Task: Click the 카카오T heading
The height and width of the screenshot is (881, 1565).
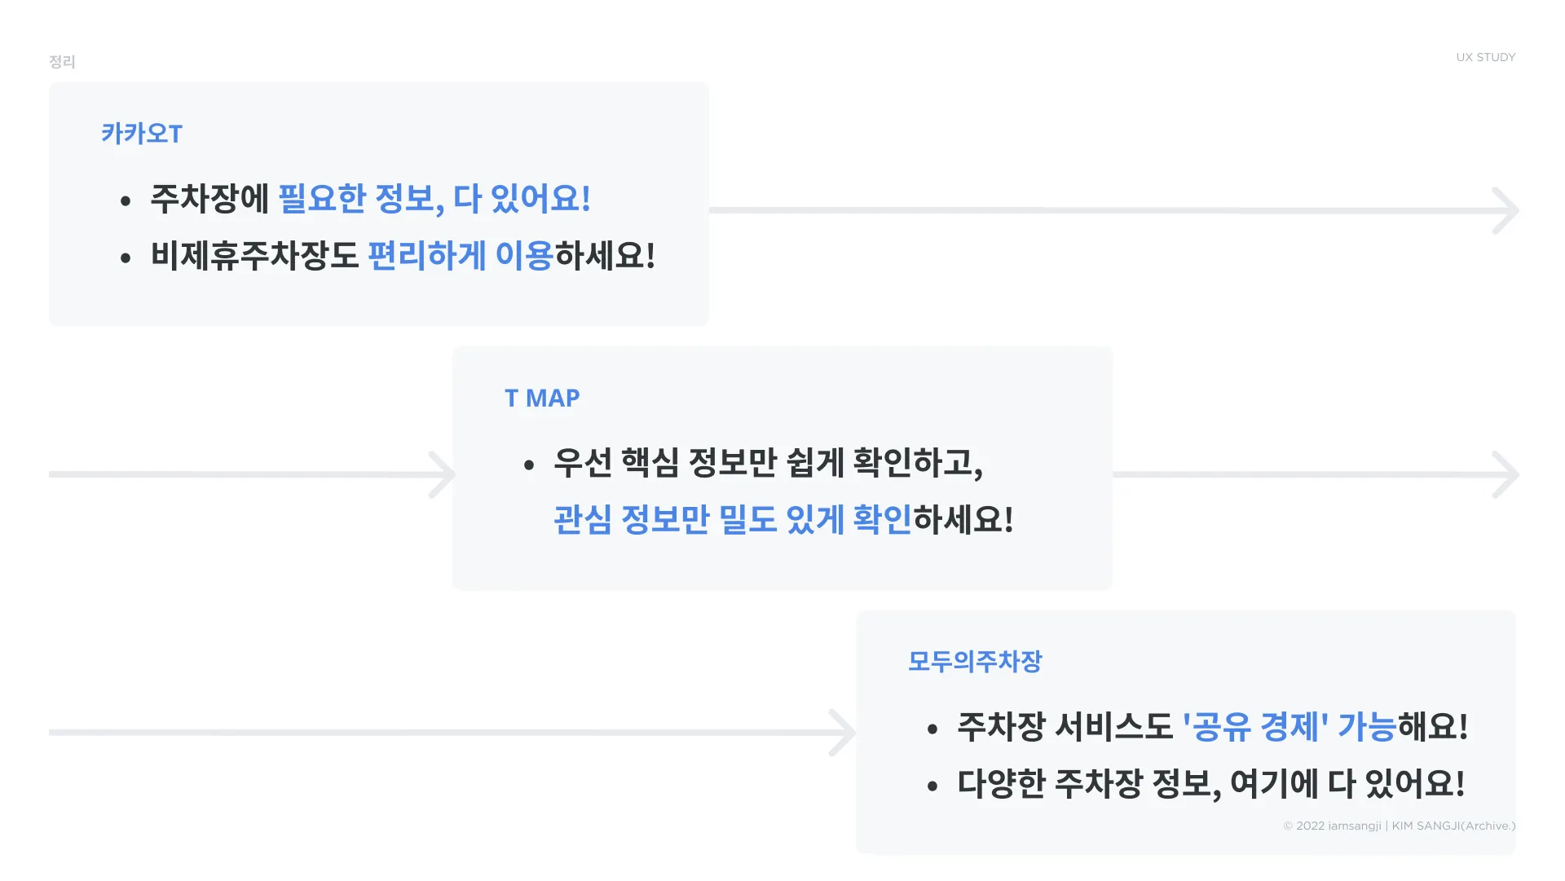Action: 142,134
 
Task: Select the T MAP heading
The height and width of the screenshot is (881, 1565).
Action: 542,398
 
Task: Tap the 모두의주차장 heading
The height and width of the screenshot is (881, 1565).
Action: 975,661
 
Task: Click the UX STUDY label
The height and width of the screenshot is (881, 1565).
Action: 1485,57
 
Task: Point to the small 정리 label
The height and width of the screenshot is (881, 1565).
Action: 62,62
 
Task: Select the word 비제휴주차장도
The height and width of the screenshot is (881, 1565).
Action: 254,256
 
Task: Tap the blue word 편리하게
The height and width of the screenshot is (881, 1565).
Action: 427,256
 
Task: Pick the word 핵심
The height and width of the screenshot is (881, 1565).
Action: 650,463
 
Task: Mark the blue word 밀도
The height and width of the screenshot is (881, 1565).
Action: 747,520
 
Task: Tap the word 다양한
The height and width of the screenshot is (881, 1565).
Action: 1001,784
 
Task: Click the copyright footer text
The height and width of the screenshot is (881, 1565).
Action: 1399,826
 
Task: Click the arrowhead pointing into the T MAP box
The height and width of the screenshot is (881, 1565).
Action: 443,474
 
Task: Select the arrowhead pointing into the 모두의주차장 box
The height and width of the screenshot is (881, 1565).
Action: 843,733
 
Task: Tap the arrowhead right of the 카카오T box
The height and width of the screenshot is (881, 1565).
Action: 1505,210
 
